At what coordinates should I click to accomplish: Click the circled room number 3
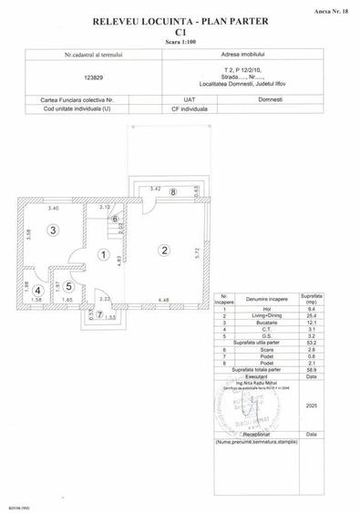[54, 231]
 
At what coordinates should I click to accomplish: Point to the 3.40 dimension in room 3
[55, 209]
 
